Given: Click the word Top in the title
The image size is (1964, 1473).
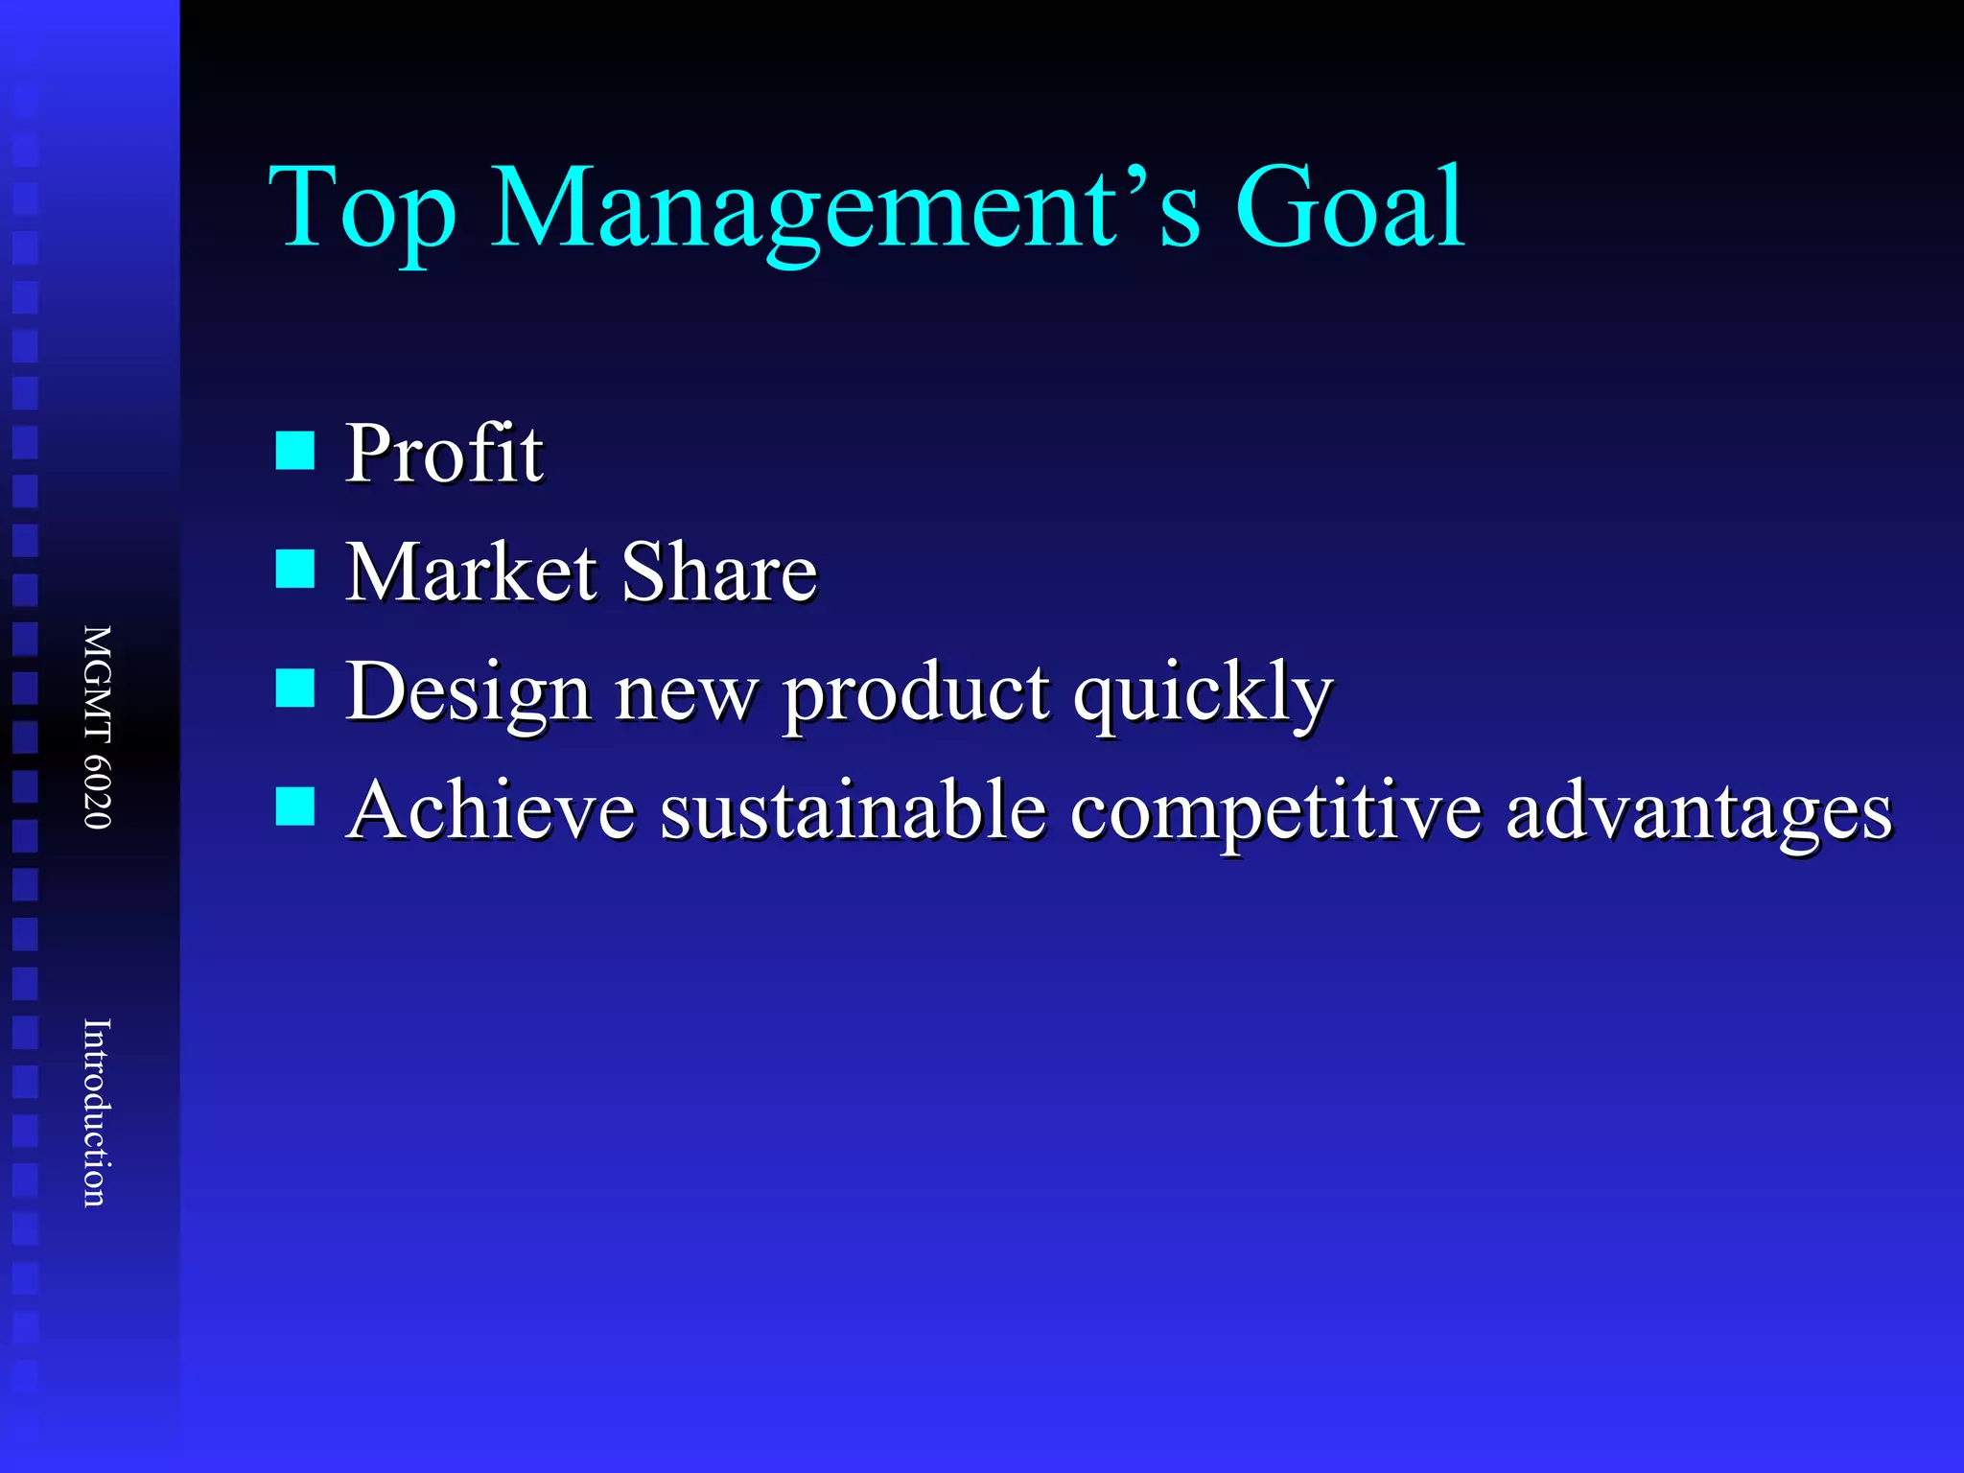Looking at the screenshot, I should tap(362, 208).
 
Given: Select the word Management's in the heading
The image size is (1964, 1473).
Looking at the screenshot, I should tap(845, 208).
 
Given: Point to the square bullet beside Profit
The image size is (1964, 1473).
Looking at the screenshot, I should tap(295, 450).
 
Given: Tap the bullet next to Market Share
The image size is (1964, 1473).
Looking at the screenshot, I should tap(295, 569).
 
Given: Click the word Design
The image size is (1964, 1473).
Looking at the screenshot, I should tap(467, 693).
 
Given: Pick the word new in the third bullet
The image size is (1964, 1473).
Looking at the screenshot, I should tap(686, 693).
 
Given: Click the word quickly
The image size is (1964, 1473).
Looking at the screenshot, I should tap(1203, 693).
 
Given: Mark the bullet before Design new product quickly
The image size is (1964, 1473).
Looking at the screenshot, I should tap(295, 688).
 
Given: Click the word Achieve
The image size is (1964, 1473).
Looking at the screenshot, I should tap(491, 810).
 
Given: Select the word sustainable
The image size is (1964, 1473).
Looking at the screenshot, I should tap(853, 810).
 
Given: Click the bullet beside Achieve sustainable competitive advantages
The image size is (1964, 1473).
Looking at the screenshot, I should tap(295, 807).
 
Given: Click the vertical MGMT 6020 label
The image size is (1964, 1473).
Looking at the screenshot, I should tap(97, 727).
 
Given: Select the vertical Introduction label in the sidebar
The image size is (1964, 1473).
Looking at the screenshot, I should tap(97, 1112).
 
